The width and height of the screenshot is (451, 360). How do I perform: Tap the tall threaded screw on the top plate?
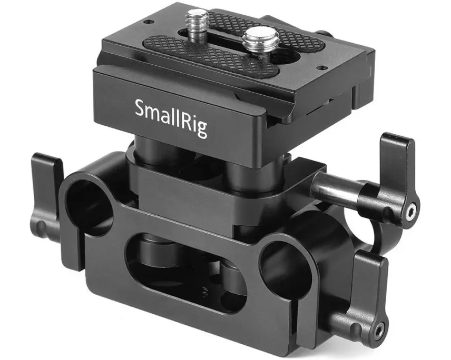[197, 26]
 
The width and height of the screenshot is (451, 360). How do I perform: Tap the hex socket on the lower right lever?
[379, 330]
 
